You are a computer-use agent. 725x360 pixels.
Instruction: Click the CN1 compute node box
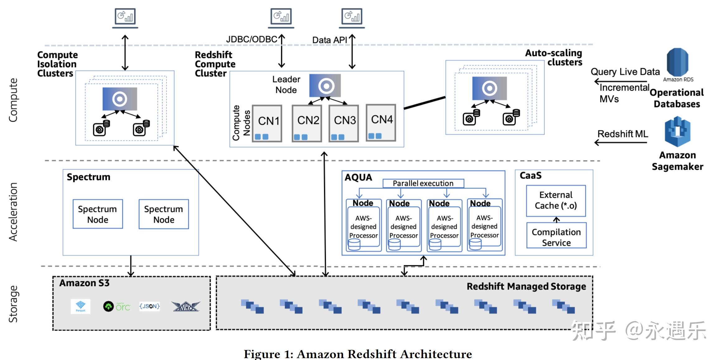click(x=267, y=123)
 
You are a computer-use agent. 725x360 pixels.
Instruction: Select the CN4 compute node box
click(x=381, y=122)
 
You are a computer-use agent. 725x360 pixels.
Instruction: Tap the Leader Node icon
click(x=325, y=85)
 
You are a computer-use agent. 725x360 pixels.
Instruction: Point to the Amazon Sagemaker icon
click(x=677, y=131)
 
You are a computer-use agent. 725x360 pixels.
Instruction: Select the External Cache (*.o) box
click(x=556, y=201)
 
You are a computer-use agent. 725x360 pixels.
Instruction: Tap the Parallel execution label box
click(x=423, y=183)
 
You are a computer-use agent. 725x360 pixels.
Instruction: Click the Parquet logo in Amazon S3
click(x=81, y=306)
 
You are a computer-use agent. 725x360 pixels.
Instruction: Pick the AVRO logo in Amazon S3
click(x=186, y=306)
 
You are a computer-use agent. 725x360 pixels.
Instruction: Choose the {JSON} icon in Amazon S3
click(x=150, y=306)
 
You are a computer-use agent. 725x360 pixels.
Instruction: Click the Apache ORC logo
click(x=117, y=307)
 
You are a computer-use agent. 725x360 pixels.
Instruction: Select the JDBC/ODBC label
click(x=251, y=40)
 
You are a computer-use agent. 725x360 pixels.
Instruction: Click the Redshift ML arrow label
click(x=623, y=134)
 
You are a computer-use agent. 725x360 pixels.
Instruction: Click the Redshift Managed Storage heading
click(x=526, y=287)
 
